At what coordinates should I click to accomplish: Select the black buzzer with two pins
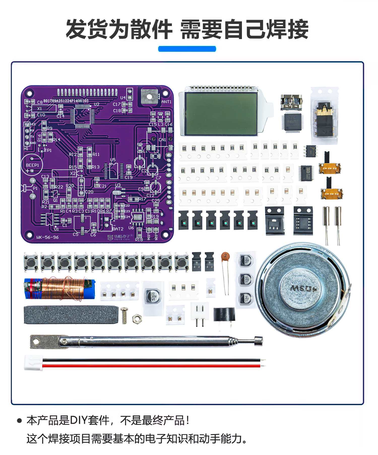coord(224,315)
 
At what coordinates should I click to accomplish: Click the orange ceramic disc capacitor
coord(225,256)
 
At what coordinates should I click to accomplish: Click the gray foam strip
coord(71,315)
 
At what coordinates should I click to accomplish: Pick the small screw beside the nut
coord(124,315)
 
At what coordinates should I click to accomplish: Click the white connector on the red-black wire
coord(33,363)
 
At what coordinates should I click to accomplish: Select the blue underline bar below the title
coord(187,49)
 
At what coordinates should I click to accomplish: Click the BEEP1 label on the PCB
coord(33,165)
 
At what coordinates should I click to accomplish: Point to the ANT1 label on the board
coord(166,102)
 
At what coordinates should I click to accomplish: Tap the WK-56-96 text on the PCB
coord(47,237)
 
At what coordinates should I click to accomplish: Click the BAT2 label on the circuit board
coord(118,229)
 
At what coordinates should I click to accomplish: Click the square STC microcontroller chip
coord(293,122)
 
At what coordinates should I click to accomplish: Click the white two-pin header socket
coord(200,311)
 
